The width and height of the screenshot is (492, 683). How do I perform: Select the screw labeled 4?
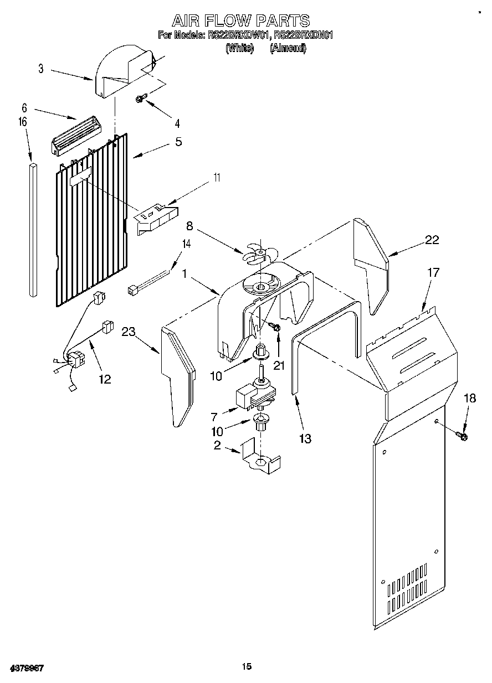pos(140,99)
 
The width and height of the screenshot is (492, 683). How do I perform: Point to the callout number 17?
pos(433,272)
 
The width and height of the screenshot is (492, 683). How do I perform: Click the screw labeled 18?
pos(463,437)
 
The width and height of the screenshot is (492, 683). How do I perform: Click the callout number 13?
pos(304,439)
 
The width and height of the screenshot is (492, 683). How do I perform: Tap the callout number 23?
pos(129,332)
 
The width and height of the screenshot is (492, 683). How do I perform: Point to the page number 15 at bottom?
pos(247,667)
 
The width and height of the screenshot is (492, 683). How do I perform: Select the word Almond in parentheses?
pos(288,48)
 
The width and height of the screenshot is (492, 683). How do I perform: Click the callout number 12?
pos(104,379)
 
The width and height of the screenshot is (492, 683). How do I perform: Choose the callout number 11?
pos(217,177)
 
